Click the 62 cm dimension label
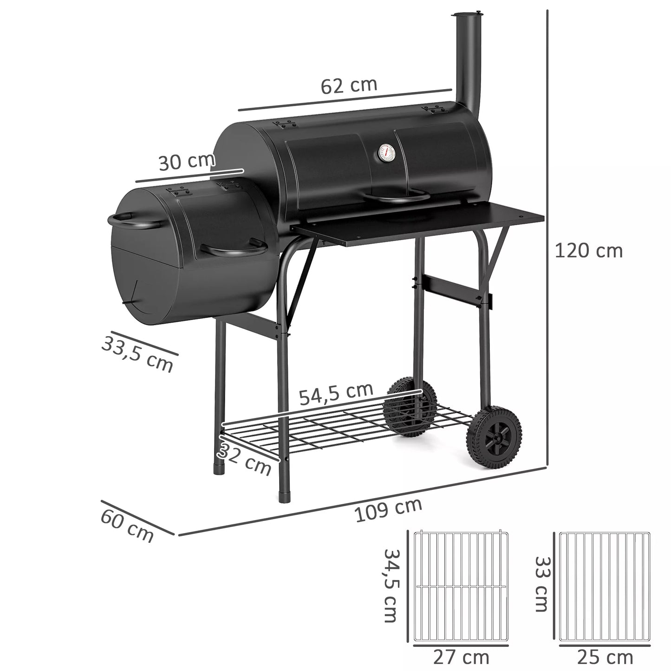[x=349, y=85]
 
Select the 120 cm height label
[x=588, y=251]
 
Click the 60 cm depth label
[x=127, y=527]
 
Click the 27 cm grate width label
[x=461, y=657]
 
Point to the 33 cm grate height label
[x=541, y=584]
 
